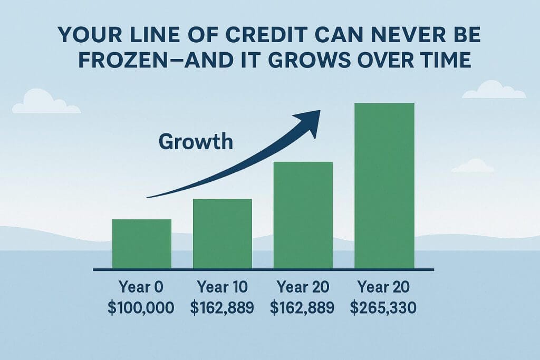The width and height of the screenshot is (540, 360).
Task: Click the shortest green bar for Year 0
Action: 142,244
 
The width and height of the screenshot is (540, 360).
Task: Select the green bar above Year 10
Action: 222,233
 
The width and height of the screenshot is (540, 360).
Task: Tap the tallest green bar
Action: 384,186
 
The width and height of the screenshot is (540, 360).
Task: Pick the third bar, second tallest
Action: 303,215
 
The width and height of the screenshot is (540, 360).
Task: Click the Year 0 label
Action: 142,288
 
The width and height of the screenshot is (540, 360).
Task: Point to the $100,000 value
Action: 142,307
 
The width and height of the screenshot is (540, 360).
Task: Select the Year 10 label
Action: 222,288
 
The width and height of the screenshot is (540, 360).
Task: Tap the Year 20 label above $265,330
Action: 384,288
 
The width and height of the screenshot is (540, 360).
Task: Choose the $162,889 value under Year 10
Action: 222,307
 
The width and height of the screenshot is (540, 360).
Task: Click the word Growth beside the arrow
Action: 196,141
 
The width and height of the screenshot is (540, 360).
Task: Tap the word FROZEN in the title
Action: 121,59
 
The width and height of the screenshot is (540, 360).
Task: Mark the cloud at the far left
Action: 45,102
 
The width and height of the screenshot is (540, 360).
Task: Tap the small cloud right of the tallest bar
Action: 472,167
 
